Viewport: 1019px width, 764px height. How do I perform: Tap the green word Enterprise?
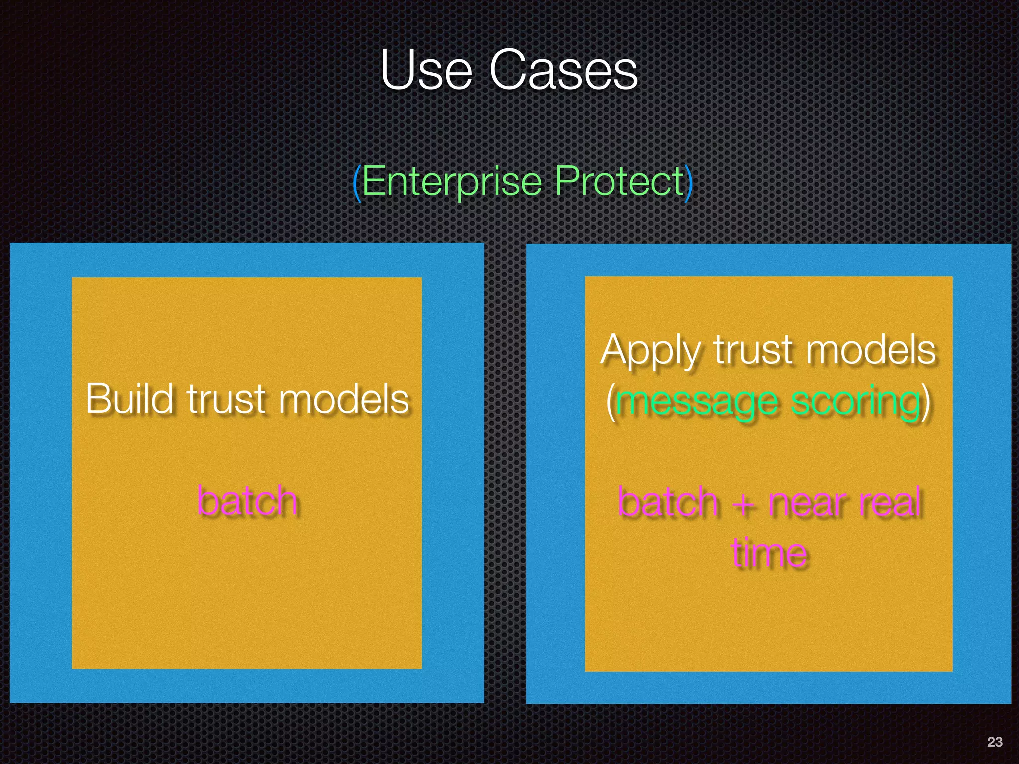click(x=452, y=182)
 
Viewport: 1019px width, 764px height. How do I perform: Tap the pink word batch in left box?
click(x=247, y=501)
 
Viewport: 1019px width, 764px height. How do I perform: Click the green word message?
click(x=697, y=403)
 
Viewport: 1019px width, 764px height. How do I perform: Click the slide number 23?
click(x=994, y=742)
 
